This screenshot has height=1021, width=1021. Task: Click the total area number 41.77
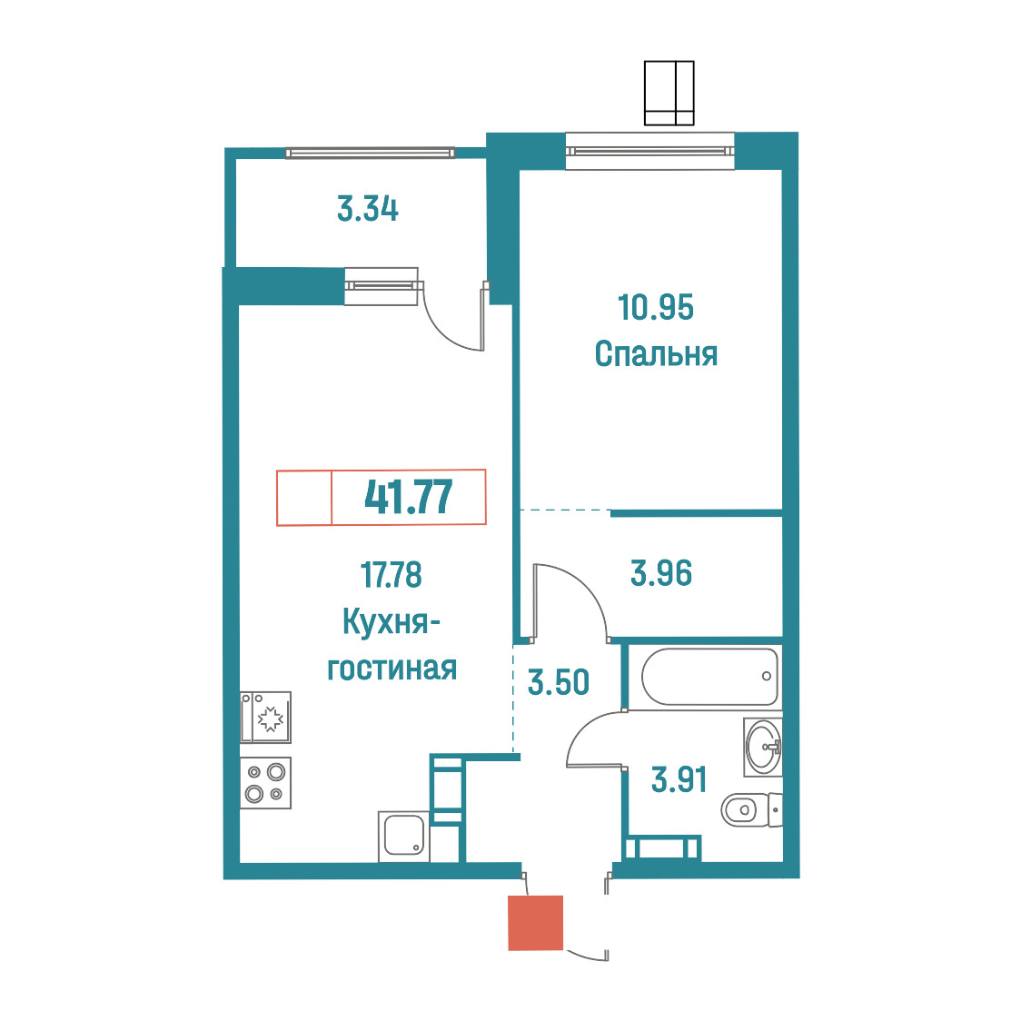pos(408,498)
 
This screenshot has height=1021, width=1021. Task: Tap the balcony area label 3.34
pos(368,209)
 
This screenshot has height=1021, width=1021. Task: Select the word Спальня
pos(656,354)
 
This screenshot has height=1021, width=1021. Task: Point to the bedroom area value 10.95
pos(656,307)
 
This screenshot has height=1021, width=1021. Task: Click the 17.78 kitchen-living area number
pos(392,575)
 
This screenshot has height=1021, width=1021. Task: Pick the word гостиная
pos(392,669)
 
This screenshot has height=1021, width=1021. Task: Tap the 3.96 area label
pos(661,574)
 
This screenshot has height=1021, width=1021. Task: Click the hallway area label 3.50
pos(558,682)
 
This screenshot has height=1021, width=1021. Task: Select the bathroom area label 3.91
pos(679,779)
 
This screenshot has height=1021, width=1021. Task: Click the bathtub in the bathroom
pos(709,676)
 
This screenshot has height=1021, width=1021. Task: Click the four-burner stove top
pos(265,783)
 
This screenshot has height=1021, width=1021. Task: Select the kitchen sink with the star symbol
pos(265,718)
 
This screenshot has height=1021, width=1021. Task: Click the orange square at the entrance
pos(535,923)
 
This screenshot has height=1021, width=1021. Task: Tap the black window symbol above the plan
pos(669,94)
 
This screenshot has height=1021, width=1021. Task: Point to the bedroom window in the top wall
pos(649,151)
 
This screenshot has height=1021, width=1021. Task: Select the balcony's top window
pos(370,153)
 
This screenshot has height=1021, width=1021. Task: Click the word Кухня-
pos(392,622)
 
